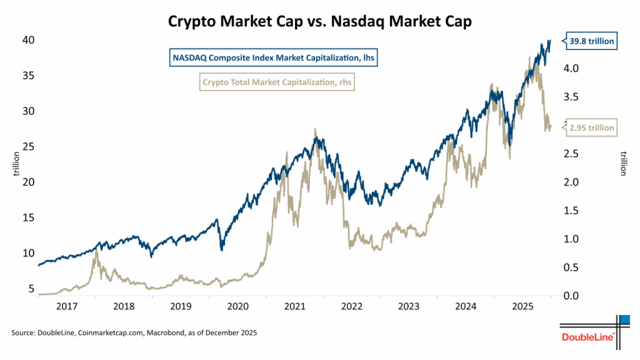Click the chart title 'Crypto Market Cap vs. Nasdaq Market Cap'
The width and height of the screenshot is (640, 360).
(319, 21)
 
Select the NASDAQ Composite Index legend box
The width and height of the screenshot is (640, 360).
(276, 59)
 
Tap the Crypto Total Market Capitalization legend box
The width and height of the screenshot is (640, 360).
(276, 81)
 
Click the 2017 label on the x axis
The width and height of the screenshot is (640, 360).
(67, 307)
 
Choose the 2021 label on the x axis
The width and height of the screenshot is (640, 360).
(294, 307)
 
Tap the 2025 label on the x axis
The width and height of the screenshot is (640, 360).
(522, 307)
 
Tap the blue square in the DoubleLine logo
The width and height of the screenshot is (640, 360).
(624, 319)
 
